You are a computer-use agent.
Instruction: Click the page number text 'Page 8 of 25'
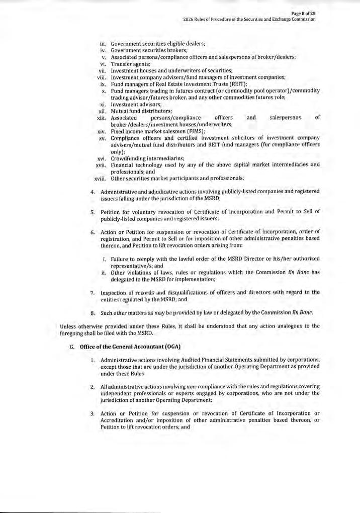pos(303,13)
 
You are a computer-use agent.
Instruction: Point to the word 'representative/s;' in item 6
pos(132,265)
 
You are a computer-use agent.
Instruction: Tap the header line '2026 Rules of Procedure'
pos(249,19)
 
